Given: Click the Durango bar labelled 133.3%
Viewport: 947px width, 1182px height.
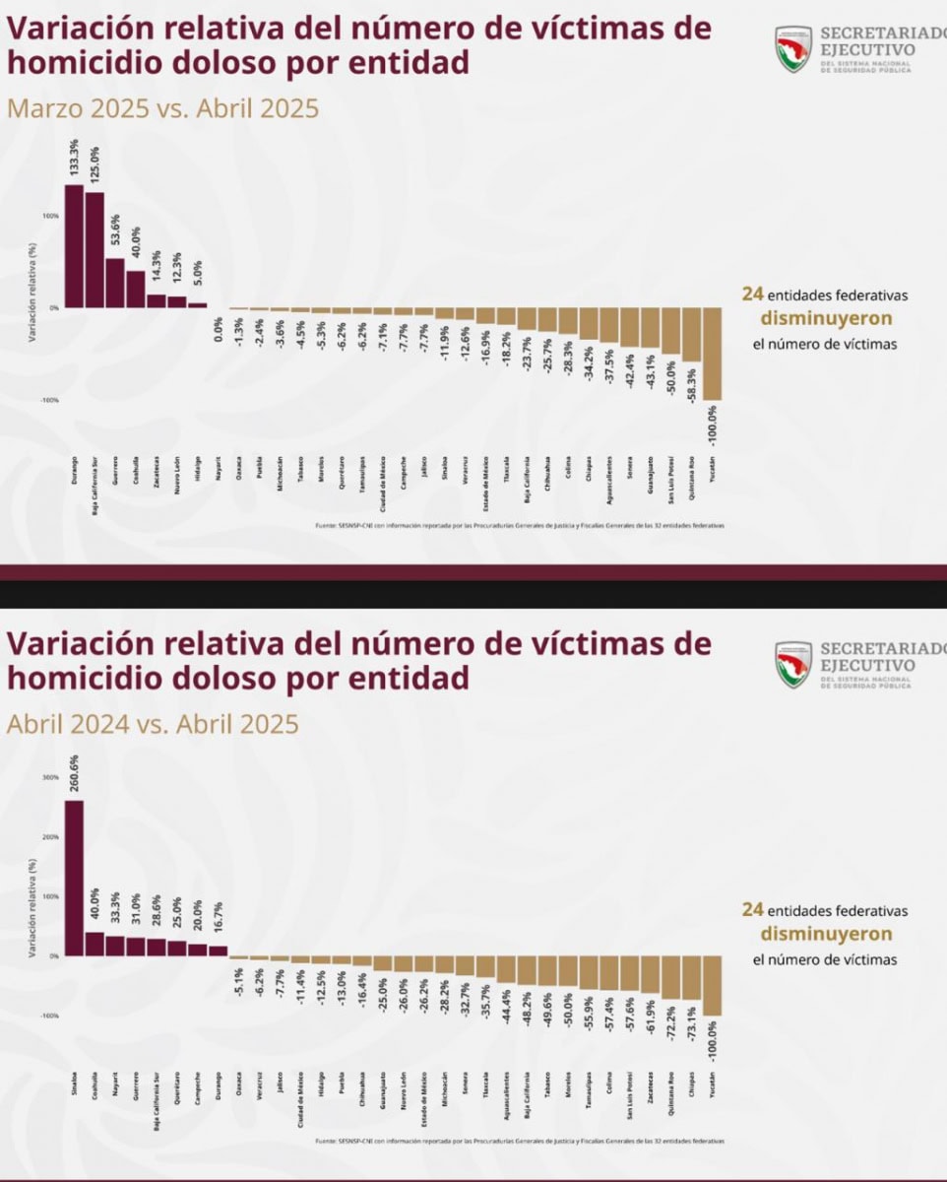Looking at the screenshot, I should tap(74, 246).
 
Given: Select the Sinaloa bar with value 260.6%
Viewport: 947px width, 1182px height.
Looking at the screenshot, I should tap(74, 877).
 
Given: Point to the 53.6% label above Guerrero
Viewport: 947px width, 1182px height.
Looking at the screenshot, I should tap(116, 234).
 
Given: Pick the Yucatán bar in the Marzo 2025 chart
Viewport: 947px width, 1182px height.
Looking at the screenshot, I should tap(713, 354).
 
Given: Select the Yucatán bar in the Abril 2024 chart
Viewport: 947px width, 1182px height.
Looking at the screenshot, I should tap(713, 985).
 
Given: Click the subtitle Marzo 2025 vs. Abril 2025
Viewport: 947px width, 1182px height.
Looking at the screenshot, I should tap(163, 107).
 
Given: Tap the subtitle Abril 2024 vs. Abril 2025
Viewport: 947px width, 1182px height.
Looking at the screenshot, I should tap(153, 725).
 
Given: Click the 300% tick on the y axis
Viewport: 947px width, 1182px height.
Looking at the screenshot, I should tap(50, 778).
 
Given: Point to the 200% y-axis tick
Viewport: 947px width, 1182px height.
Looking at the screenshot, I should tap(50, 837).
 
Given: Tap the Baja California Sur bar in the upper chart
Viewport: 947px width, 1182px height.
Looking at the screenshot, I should tap(95, 249).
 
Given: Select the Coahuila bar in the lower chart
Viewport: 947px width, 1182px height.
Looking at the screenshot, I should tap(95, 944).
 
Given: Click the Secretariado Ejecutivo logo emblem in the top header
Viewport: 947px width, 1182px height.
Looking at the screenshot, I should tap(792, 49).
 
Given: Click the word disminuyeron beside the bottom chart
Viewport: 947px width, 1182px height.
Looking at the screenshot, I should tap(825, 934).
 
